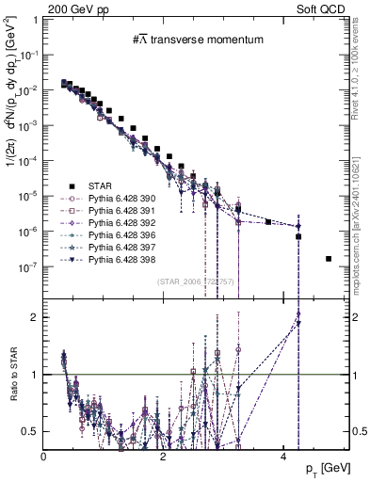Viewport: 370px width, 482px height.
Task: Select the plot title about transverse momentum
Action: pyautogui.click(x=185, y=40)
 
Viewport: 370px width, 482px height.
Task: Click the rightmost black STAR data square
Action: pyautogui.click(x=328, y=259)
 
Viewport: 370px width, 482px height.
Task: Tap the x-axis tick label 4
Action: pyautogui.click(x=283, y=456)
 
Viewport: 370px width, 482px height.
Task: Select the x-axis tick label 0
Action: pyautogui.click(x=44, y=456)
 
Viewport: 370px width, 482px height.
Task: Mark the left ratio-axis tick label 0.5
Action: pyautogui.click(x=29, y=432)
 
